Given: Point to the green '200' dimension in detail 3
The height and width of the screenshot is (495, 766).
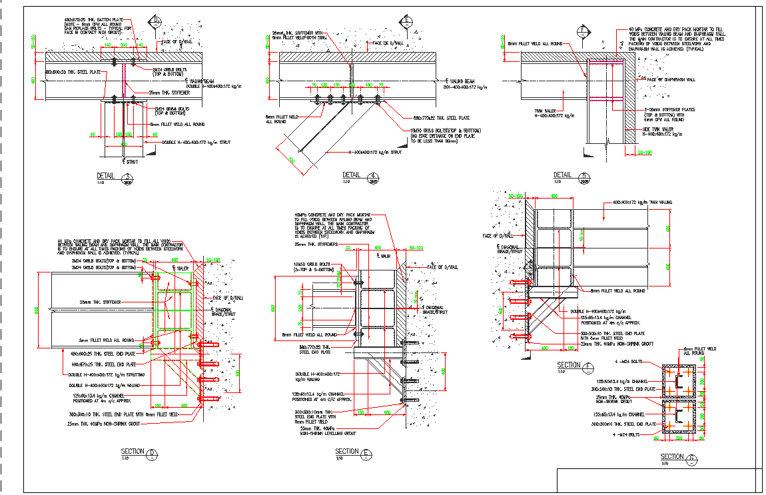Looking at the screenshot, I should pyautogui.click(x=125, y=45).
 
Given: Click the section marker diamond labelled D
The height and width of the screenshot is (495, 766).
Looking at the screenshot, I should pyautogui.click(x=155, y=21).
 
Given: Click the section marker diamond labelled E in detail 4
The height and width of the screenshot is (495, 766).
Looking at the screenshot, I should pyautogui.click(x=407, y=21).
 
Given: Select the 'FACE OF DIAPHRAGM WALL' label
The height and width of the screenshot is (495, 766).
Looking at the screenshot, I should pyautogui.click(x=671, y=80).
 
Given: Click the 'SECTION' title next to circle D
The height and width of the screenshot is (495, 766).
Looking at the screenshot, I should pyautogui.click(x=133, y=452).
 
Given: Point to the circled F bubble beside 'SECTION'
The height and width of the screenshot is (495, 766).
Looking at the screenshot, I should pyautogui.click(x=587, y=366).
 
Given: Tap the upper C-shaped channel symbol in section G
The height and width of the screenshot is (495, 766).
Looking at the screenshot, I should pyautogui.click(x=679, y=383).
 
